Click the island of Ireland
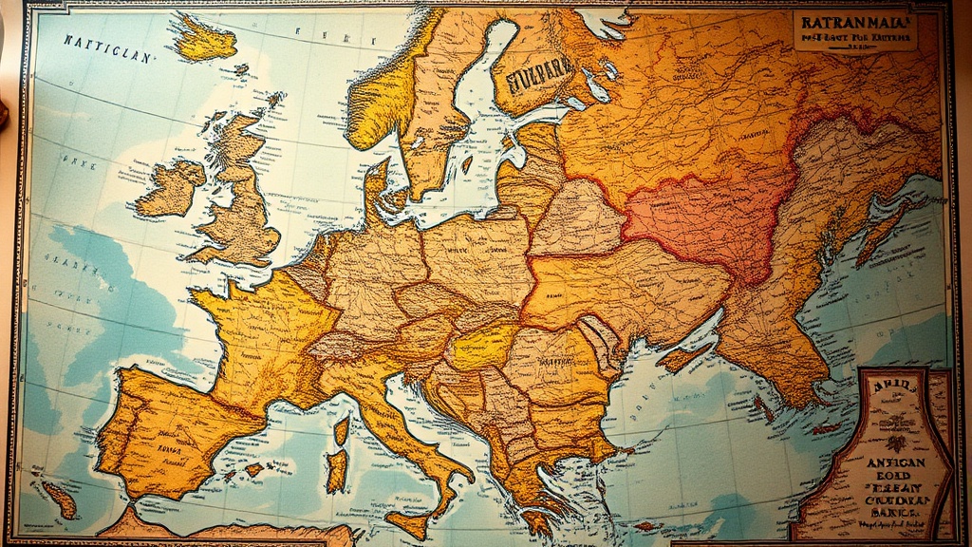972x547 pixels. [172, 188]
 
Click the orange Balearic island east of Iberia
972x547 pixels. [254, 469]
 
